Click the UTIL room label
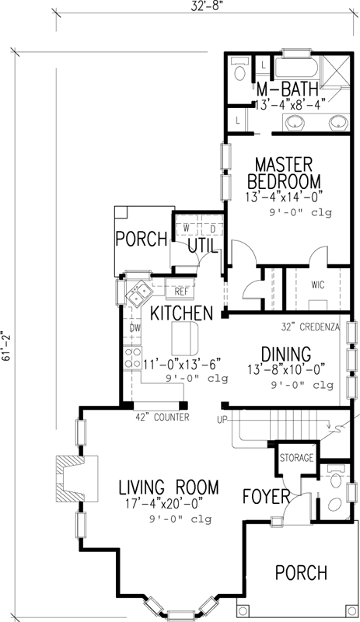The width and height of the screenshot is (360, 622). [x=203, y=246]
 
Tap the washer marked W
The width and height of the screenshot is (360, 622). [x=187, y=228]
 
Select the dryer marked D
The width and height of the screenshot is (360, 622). [x=211, y=228]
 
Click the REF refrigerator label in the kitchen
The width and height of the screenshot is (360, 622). [x=181, y=292]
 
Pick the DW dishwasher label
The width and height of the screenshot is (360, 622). [x=135, y=329]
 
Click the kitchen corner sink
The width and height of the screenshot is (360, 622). [x=140, y=293]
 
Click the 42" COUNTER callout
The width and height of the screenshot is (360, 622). [x=162, y=418]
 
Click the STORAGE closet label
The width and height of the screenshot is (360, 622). [x=296, y=457]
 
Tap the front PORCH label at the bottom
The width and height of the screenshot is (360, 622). [x=301, y=573]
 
